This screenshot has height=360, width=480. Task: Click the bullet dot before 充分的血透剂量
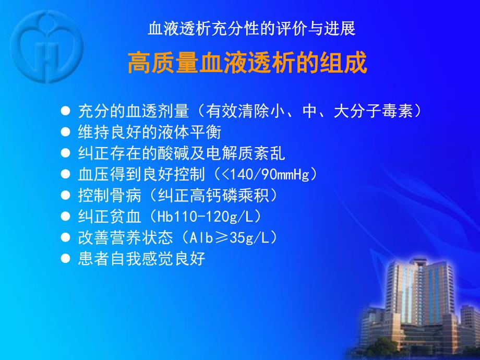pos(66,111)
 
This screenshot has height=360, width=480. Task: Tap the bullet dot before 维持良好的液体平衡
pos(66,131)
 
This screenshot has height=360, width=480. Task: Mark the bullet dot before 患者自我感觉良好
pos(66,258)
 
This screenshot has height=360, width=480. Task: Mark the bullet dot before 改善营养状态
pos(66,237)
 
